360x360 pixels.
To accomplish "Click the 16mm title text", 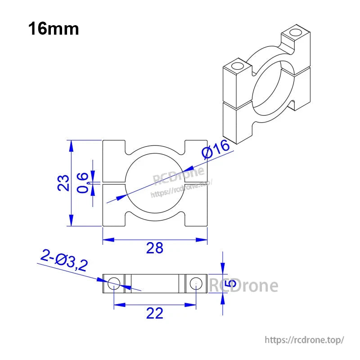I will point(54,29).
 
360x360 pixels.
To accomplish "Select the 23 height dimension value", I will point(64,183).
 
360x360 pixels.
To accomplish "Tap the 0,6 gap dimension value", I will point(83,183).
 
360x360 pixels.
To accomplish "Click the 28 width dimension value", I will point(155,248).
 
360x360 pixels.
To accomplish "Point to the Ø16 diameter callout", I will point(216,149).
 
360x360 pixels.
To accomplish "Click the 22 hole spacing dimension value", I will point(155,313).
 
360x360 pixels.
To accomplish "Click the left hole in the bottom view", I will point(114,283).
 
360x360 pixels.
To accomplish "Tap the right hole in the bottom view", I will point(196,283).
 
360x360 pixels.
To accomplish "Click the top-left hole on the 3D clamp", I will point(237,67).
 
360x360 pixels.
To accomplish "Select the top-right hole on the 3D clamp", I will point(295,33).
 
